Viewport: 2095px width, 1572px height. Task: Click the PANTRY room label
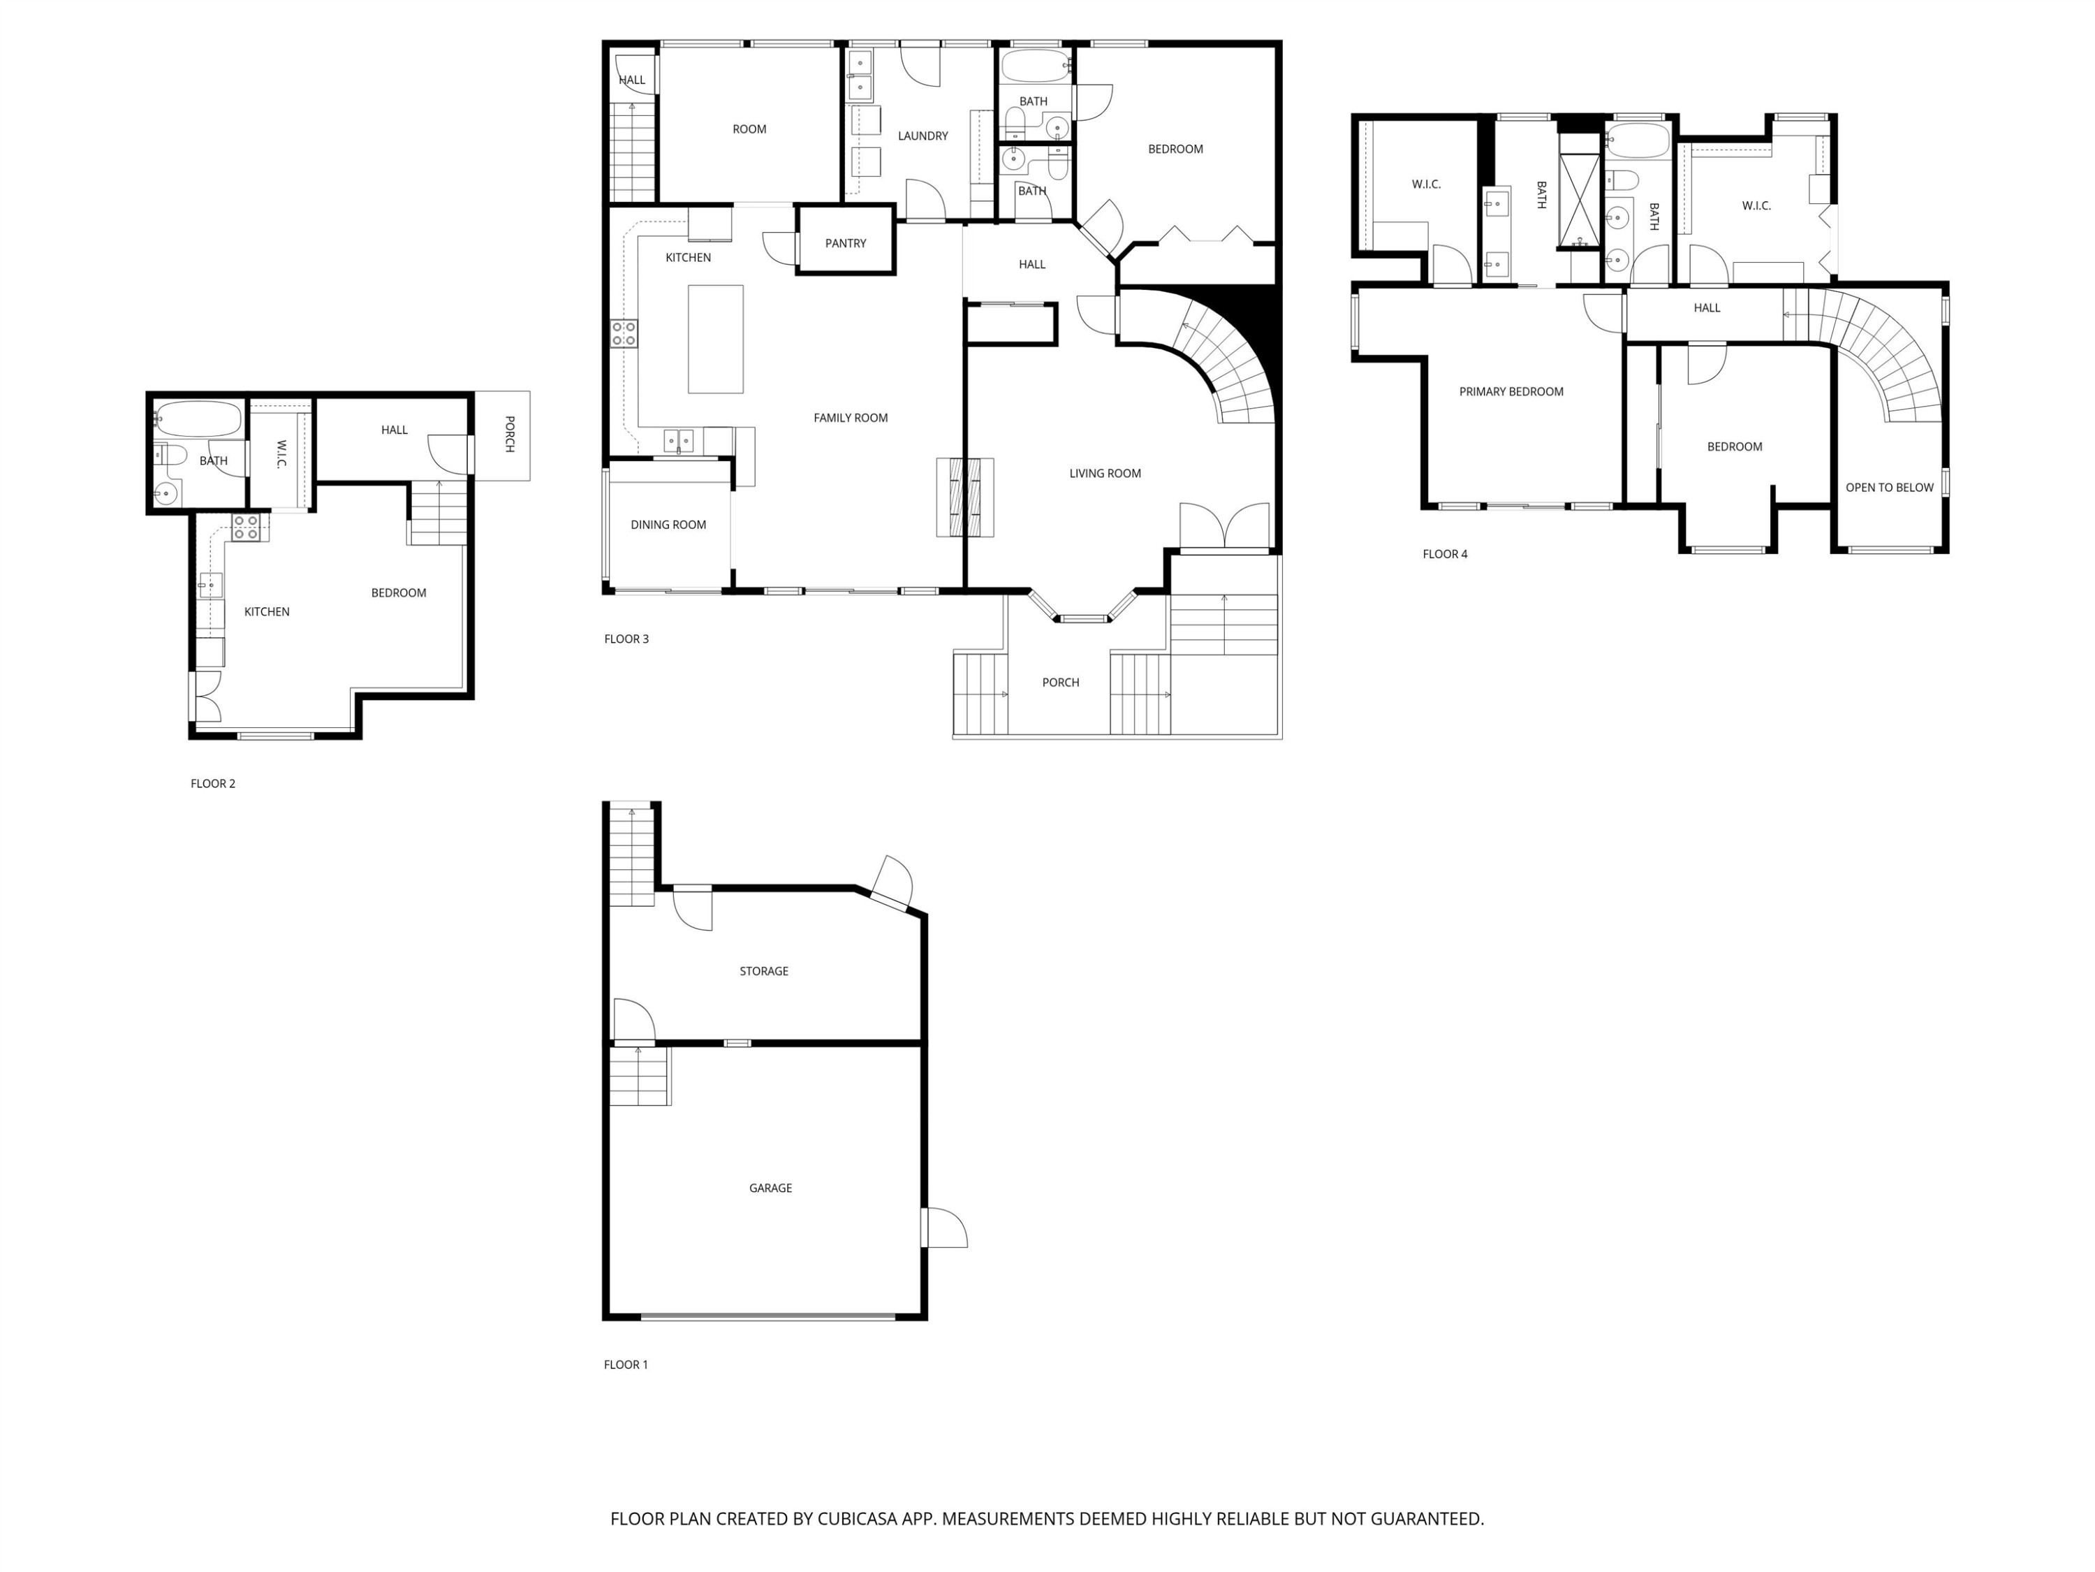pyautogui.click(x=845, y=244)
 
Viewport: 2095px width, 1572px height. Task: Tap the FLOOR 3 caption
pyautogui.click(x=626, y=639)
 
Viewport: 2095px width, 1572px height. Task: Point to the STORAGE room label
pyautogui.click(x=763, y=970)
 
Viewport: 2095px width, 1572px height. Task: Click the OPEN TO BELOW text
pyautogui.click(x=1888, y=487)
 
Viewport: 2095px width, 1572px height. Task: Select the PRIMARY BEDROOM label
pyautogui.click(x=1510, y=391)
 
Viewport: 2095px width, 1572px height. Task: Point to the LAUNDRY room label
pyautogui.click(x=922, y=136)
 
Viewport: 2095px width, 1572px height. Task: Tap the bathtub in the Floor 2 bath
pyautogui.click(x=198, y=417)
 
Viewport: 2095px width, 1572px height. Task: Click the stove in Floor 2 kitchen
pyautogui.click(x=247, y=527)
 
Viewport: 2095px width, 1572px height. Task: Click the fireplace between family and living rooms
pyautogui.click(x=965, y=497)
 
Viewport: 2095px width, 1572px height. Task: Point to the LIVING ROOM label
pyautogui.click(x=1104, y=473)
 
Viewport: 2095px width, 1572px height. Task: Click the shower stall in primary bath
pyautogui.click(x=1578, y=202)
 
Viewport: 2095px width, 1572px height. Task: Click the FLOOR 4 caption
pyautogui.click(x=1444, y=554)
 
